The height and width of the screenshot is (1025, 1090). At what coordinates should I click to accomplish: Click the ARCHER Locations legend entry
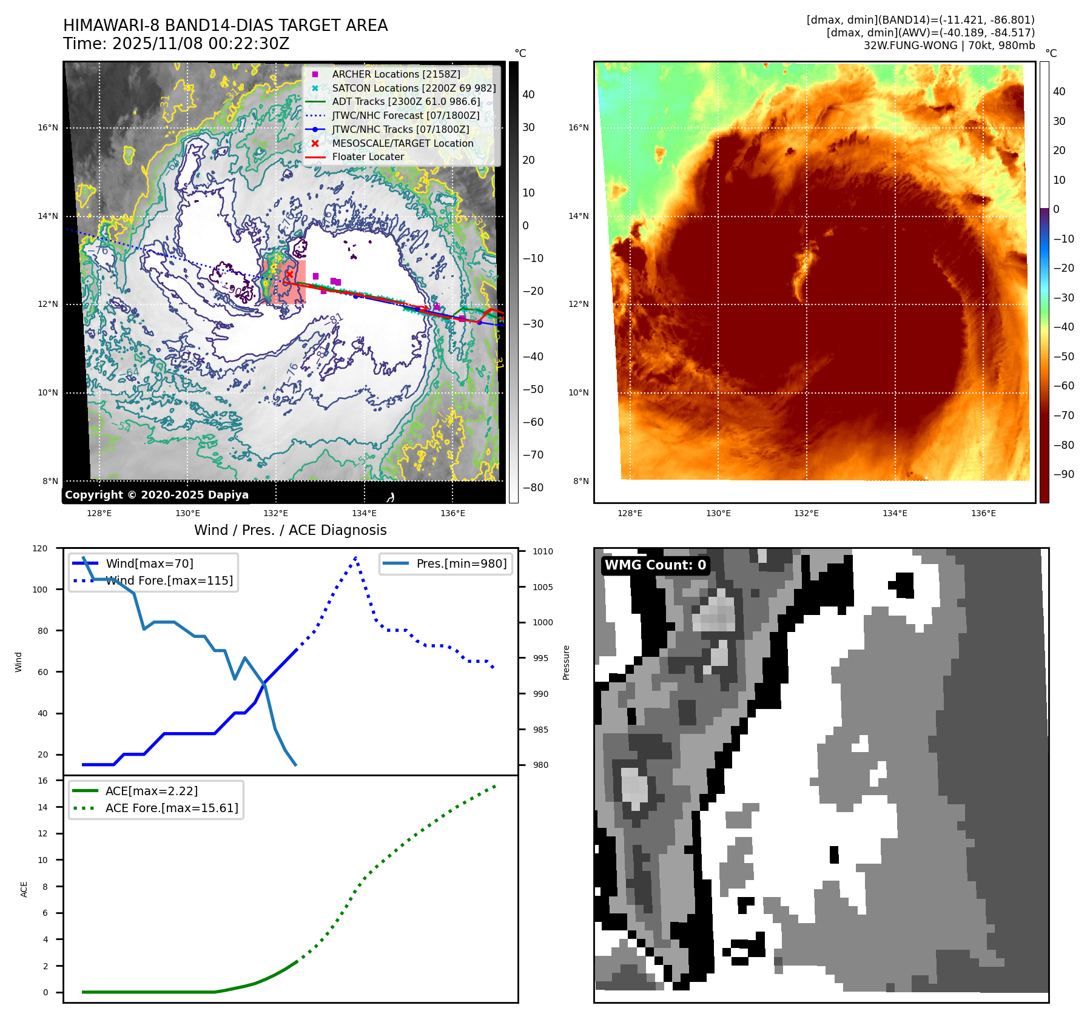(395, 74)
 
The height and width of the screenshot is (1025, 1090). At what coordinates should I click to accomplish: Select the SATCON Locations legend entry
(413, 88)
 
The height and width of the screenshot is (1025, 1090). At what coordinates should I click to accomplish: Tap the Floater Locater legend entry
(368, 156)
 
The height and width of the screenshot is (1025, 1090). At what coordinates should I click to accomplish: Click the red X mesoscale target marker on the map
(289, 274)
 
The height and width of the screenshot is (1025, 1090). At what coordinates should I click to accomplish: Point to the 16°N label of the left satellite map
(48, 127)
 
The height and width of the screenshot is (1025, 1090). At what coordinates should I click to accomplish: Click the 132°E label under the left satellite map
(275, 513)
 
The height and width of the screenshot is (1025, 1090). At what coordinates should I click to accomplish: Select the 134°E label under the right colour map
(895, 513)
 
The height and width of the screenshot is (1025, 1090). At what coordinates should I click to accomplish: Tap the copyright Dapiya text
(156, 495)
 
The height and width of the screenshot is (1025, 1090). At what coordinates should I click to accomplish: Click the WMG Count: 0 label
(655, 565)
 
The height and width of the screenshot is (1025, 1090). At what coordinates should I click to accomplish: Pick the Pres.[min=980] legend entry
(461, 563)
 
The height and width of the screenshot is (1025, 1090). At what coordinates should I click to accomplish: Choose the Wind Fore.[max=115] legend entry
(169, 580)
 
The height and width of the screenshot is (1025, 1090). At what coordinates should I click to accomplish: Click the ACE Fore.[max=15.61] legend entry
(172, 808)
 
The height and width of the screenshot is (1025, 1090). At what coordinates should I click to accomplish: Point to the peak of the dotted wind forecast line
(355, 557)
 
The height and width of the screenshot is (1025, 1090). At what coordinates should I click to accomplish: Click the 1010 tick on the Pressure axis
(543, 551)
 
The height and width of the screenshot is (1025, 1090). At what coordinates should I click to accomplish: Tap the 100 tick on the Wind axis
(39, 590)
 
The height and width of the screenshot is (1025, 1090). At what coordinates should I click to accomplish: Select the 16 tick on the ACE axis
(42, 781)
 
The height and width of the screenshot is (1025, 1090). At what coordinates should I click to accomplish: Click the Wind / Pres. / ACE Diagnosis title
(290, 530)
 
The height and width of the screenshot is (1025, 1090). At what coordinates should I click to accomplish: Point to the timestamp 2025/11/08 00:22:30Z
(201, 44)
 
